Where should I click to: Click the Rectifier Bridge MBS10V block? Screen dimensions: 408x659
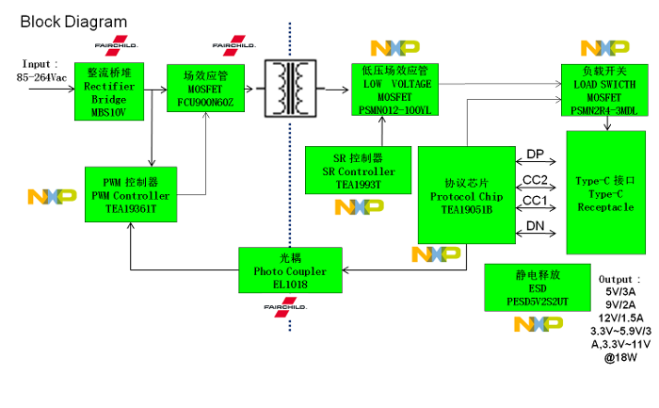tap(109, 91)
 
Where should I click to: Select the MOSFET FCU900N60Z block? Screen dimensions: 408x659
tap(205, 89)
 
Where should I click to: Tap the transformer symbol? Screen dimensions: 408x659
tap(291, 89)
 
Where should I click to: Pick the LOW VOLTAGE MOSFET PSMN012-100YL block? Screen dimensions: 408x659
tap(395, 90)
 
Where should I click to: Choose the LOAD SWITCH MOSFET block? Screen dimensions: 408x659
tap(603, 90)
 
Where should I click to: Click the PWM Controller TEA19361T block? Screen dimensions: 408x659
tap(131, 194)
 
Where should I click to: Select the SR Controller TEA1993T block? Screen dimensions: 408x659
tap(358, 171)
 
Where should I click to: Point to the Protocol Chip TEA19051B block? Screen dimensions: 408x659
tap(466, 195)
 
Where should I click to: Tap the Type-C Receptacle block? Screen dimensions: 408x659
tap(605, 192)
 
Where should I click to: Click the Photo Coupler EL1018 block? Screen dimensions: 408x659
tap(290, 270)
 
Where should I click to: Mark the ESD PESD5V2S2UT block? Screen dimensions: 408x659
tap(538, 287)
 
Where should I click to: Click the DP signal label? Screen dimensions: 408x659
tap(535, 155)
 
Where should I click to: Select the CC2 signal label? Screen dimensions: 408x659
tap(535, 179)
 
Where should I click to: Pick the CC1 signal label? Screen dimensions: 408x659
tap(535, 201)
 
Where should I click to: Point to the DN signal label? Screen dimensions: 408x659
tap(535, 225)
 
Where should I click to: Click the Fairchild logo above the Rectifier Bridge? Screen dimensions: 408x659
tap(116, 45)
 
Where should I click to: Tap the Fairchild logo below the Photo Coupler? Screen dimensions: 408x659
tap(284, 306)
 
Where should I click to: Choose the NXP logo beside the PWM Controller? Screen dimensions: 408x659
tap(52, 197)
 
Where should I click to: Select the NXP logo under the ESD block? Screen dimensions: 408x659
tap(538, 324)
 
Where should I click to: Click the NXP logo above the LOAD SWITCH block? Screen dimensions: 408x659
tap(604, 48)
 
